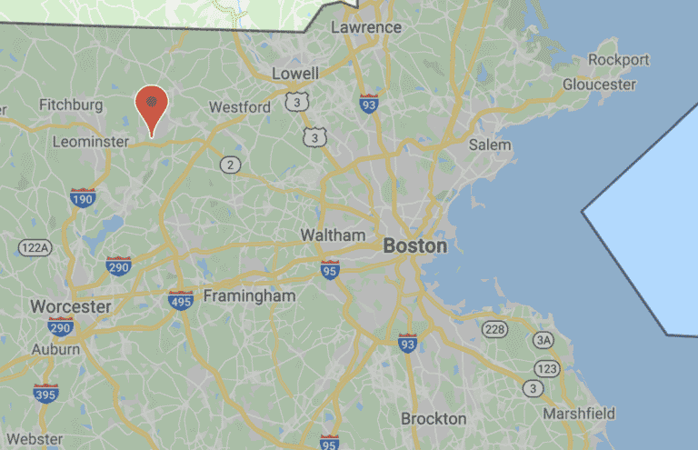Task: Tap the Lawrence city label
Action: point(365,27)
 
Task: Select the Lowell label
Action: point(295,73)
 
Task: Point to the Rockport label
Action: point(619,60)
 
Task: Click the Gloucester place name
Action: point(599,84)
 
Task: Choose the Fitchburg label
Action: point(71,105)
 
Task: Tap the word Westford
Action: point(240,107)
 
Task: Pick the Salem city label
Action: point(490,145)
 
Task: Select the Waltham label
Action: point(333,235)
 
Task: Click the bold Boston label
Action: point(415,245)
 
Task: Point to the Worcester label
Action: point(70,306)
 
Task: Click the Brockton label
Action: point(434,419)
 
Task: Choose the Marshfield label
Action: point(579,414)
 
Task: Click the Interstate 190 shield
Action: point(82,197)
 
